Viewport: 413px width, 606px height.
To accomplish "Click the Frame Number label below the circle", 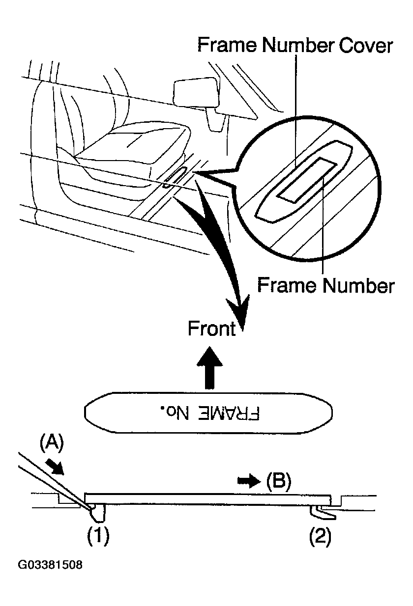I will coord(325,285).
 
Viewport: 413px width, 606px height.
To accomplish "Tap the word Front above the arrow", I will coord(212,329).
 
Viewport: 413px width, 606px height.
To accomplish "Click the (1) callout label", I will coord(98,537).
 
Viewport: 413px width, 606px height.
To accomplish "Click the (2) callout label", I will coord(320,537).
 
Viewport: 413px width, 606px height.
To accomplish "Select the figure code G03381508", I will coord(50,565).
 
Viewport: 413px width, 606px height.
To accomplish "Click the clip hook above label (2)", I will coord(322,512).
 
